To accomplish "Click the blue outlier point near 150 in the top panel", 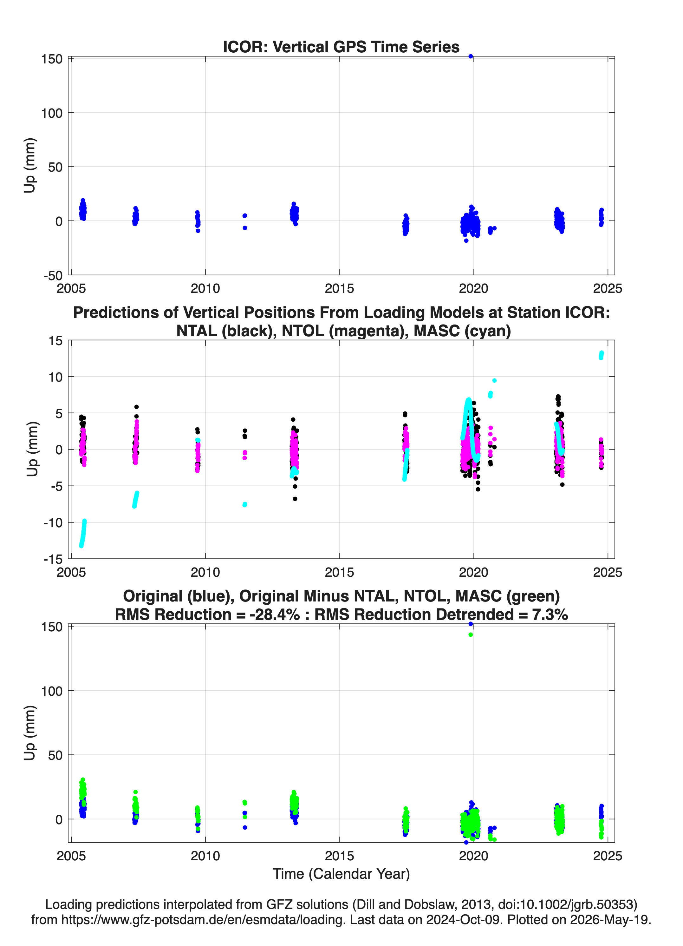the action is pos(470,56).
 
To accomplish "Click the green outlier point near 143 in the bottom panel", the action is pos(470,634).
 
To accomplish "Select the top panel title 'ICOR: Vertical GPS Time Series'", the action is pos(341,47).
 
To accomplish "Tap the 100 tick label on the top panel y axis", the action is pos(52,113).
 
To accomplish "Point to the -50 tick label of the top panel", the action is pos(53,276).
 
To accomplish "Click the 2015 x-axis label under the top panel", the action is pos(339,289).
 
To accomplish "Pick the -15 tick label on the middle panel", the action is pos(53,559).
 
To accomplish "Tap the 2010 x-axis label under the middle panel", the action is pos(205,572).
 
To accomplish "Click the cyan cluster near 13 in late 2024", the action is pos(601,355).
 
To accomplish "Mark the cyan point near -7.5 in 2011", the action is pos(245,505).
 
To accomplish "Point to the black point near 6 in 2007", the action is pos(136,407).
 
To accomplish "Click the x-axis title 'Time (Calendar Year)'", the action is pos(341,873).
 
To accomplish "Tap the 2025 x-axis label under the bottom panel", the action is pos(608,856).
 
